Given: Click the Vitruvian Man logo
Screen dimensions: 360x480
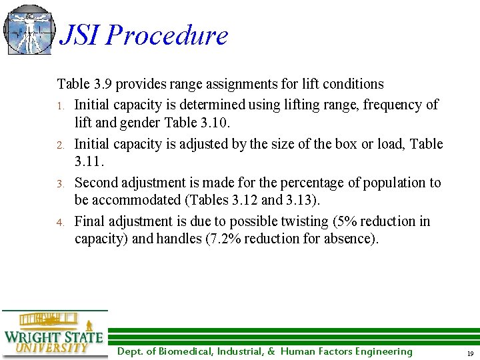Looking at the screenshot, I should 29,29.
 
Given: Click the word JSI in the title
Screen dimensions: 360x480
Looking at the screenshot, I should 81,35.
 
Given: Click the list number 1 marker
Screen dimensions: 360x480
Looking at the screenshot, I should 60,106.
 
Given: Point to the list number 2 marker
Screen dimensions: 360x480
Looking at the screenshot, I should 60,145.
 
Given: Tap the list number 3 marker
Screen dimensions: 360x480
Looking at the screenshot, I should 60,183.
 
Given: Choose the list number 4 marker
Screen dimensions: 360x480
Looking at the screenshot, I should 60,222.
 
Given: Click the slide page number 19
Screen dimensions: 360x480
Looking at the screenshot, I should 469,353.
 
